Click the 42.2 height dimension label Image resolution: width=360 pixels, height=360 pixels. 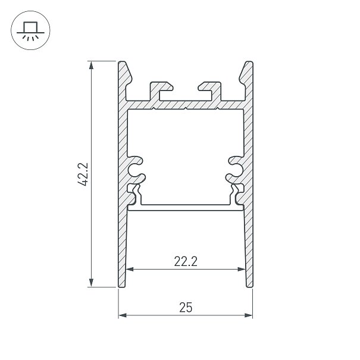point(83,174)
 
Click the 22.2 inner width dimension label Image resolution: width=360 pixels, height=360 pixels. point(186,261)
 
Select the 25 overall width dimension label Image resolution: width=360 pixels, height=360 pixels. point(186,308)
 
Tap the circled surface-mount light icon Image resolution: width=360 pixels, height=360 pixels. point(30,30)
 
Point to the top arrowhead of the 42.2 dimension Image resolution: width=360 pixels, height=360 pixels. point(92,65)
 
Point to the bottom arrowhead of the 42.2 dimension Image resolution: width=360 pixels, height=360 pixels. point(92,283)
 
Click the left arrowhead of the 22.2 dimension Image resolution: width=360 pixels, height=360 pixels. point(130,269)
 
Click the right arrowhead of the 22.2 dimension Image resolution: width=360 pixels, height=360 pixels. point(242,269)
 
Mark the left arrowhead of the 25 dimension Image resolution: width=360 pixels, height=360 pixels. point(123,315)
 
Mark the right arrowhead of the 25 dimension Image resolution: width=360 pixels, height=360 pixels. point(248,315)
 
